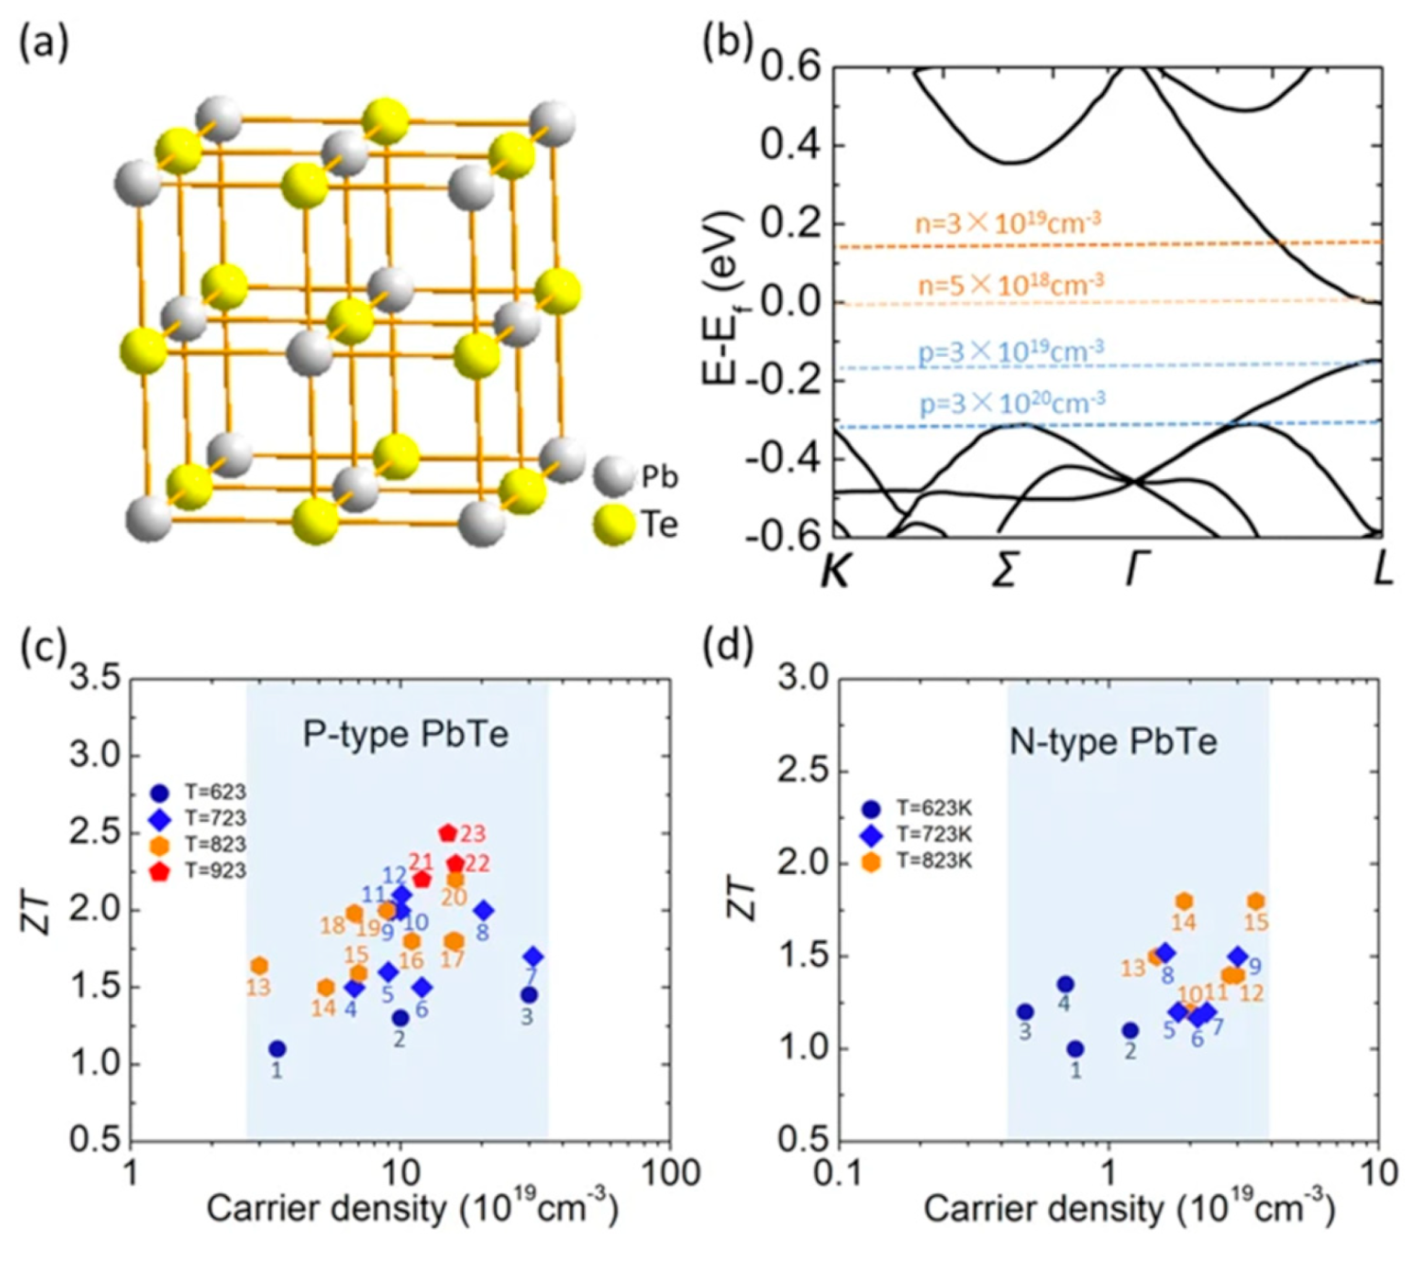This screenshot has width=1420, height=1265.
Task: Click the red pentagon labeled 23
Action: [448, 833]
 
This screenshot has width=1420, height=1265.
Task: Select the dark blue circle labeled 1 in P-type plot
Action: [276, 1049]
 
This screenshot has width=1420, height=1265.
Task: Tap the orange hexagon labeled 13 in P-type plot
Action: [259, 966]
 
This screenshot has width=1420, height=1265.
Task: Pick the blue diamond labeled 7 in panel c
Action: [533, 956]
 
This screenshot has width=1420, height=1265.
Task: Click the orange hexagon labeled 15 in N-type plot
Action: [1255, 901]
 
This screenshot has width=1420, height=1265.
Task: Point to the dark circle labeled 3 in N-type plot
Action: [1024, 1012]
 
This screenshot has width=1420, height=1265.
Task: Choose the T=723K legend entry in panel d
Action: [916, 835]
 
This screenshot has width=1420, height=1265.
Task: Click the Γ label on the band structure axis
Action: [1133, 570]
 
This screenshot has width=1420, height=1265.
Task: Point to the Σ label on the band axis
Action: [1003, 570]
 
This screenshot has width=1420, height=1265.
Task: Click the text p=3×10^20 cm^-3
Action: [1011, 404]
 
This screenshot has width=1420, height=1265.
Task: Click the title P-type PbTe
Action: [405, 734]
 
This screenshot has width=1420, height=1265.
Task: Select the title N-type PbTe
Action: [1113, 741]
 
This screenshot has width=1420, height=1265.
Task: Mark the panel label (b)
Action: [727, 43]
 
